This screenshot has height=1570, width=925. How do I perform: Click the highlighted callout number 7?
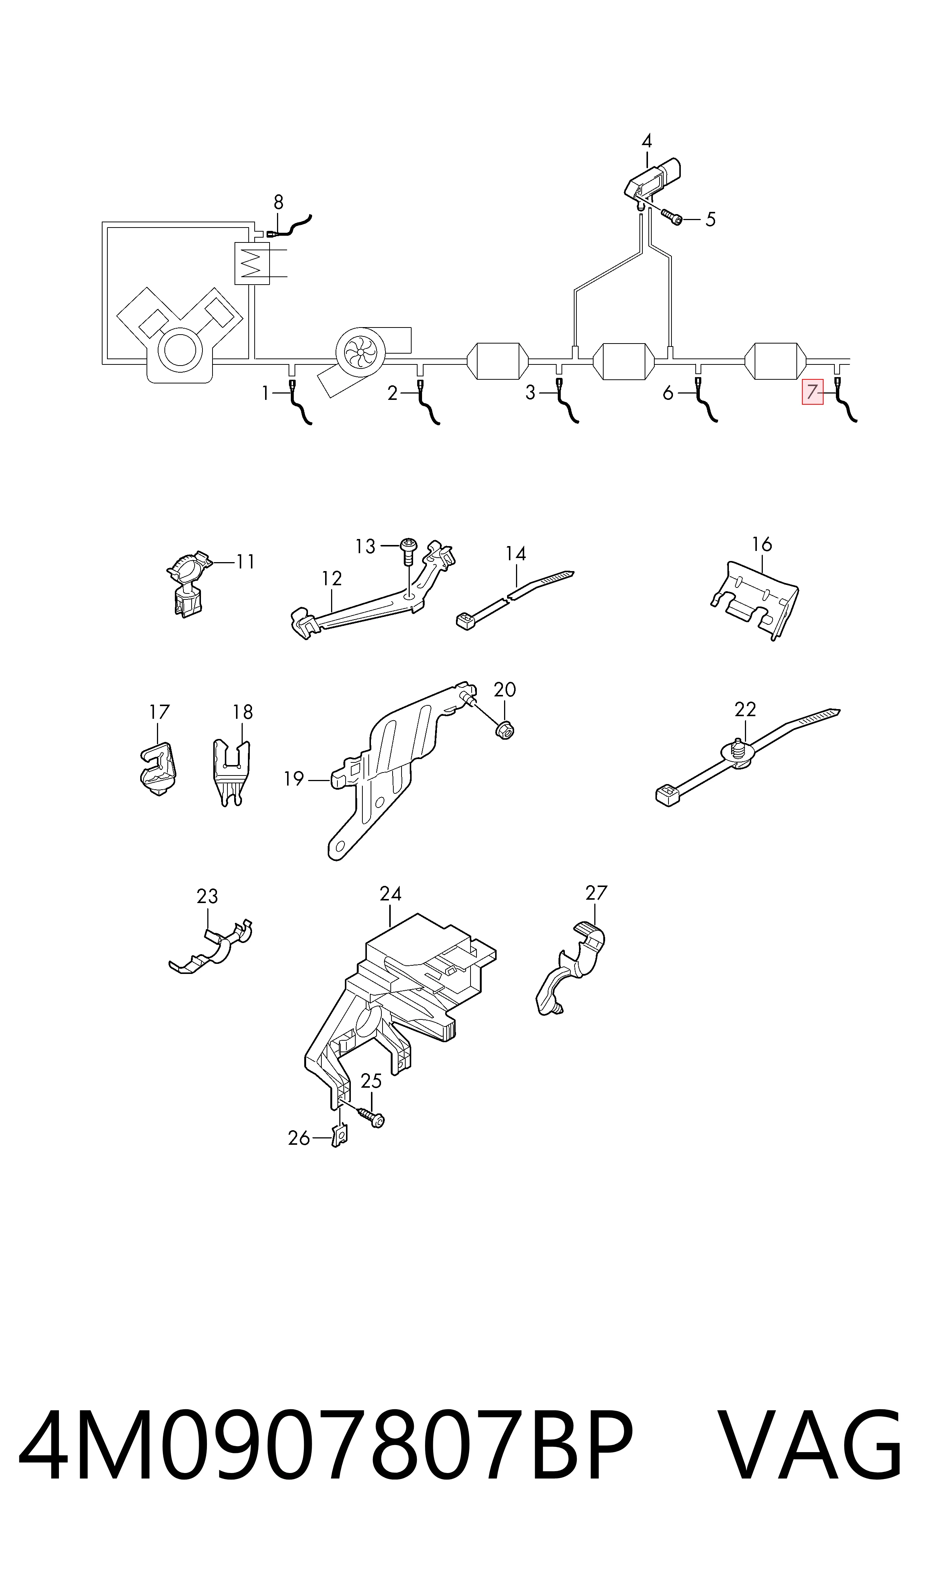pyautogui.click(x=812, y=392)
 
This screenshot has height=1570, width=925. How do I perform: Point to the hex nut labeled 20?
pyautogui.click(x=504, y=730)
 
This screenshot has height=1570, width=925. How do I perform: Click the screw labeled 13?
pyautogui.click(x=408, y=550)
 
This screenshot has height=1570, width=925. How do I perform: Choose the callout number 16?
pyautogui.click(x=762, y=544)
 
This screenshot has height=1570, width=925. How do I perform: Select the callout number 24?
pyautogui.click(x=390, y=893)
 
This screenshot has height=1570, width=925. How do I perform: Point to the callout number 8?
pyautogui.click(x=278, y=202)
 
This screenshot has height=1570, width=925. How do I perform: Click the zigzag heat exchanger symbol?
pyautogui.click(x=252, y=263)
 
